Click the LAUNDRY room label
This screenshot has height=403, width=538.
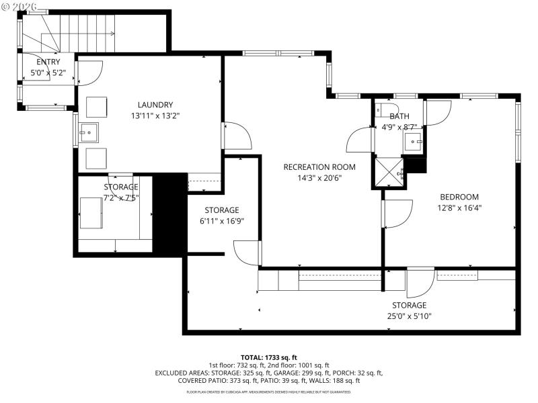click(155, 105)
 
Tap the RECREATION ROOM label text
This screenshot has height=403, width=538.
click(319, 167)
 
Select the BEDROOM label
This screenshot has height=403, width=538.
click(459, 197)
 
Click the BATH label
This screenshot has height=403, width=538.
click(399, 116)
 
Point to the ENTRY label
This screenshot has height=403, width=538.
click(48, 62)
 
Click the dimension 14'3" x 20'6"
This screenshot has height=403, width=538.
click(319, 179)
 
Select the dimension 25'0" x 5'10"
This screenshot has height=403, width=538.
click(410, 316)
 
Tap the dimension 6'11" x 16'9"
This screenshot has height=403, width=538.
click(222, 221)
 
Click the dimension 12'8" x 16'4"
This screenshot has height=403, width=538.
click(459, 208)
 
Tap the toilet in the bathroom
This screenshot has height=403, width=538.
click(382, 109)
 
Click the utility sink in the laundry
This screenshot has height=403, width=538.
click(88, 132)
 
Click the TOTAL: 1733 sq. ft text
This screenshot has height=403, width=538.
click(269, 357)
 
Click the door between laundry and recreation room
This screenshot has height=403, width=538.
click(236, 136)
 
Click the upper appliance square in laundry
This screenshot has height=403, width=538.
click(96, 107)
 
